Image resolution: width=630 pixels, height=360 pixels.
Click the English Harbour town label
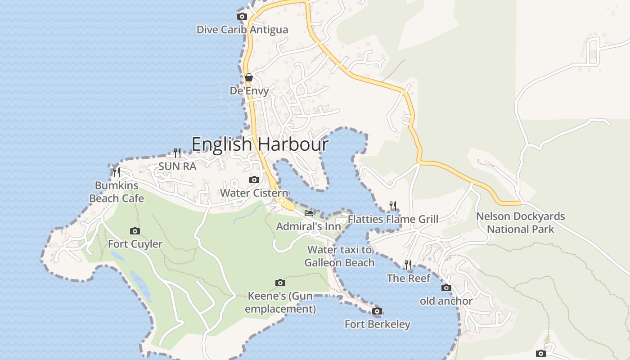tap(260, 144)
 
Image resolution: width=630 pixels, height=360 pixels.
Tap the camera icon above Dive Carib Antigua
tap(242, 17)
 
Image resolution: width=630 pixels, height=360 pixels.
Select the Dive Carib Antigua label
tap(242, 30)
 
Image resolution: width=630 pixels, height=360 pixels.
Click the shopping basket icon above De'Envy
tap(249, 77)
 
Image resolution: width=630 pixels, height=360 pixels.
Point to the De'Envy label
tap(249, 90)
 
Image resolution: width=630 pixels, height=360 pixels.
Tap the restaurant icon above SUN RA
tap(177, 153)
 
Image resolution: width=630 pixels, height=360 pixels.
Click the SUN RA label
tap(177, 166)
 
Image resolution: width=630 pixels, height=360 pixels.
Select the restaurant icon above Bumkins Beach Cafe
tap(117, 172)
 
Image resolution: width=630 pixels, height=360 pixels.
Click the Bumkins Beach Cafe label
tap(117, 192)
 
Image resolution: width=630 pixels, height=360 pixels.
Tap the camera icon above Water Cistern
tap(254, 180)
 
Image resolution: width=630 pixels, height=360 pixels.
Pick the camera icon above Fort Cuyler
tap(135, 231)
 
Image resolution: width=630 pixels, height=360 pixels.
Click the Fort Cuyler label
tap(135, 244)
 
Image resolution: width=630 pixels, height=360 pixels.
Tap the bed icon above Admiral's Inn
tap(309, 213)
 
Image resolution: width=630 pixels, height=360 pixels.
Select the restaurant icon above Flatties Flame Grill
tap(393, 206)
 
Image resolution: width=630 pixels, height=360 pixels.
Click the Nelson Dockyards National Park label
tap(520, 223)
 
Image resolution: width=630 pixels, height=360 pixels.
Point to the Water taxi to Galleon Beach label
tap(340, 256)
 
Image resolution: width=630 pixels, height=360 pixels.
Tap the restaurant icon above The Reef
tap(409, 265)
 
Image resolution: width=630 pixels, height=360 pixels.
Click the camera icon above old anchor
tap(446, 288)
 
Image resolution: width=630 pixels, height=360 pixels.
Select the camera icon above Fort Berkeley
tap(378, 311)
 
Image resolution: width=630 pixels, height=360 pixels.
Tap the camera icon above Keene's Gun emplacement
tap(280, 283)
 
